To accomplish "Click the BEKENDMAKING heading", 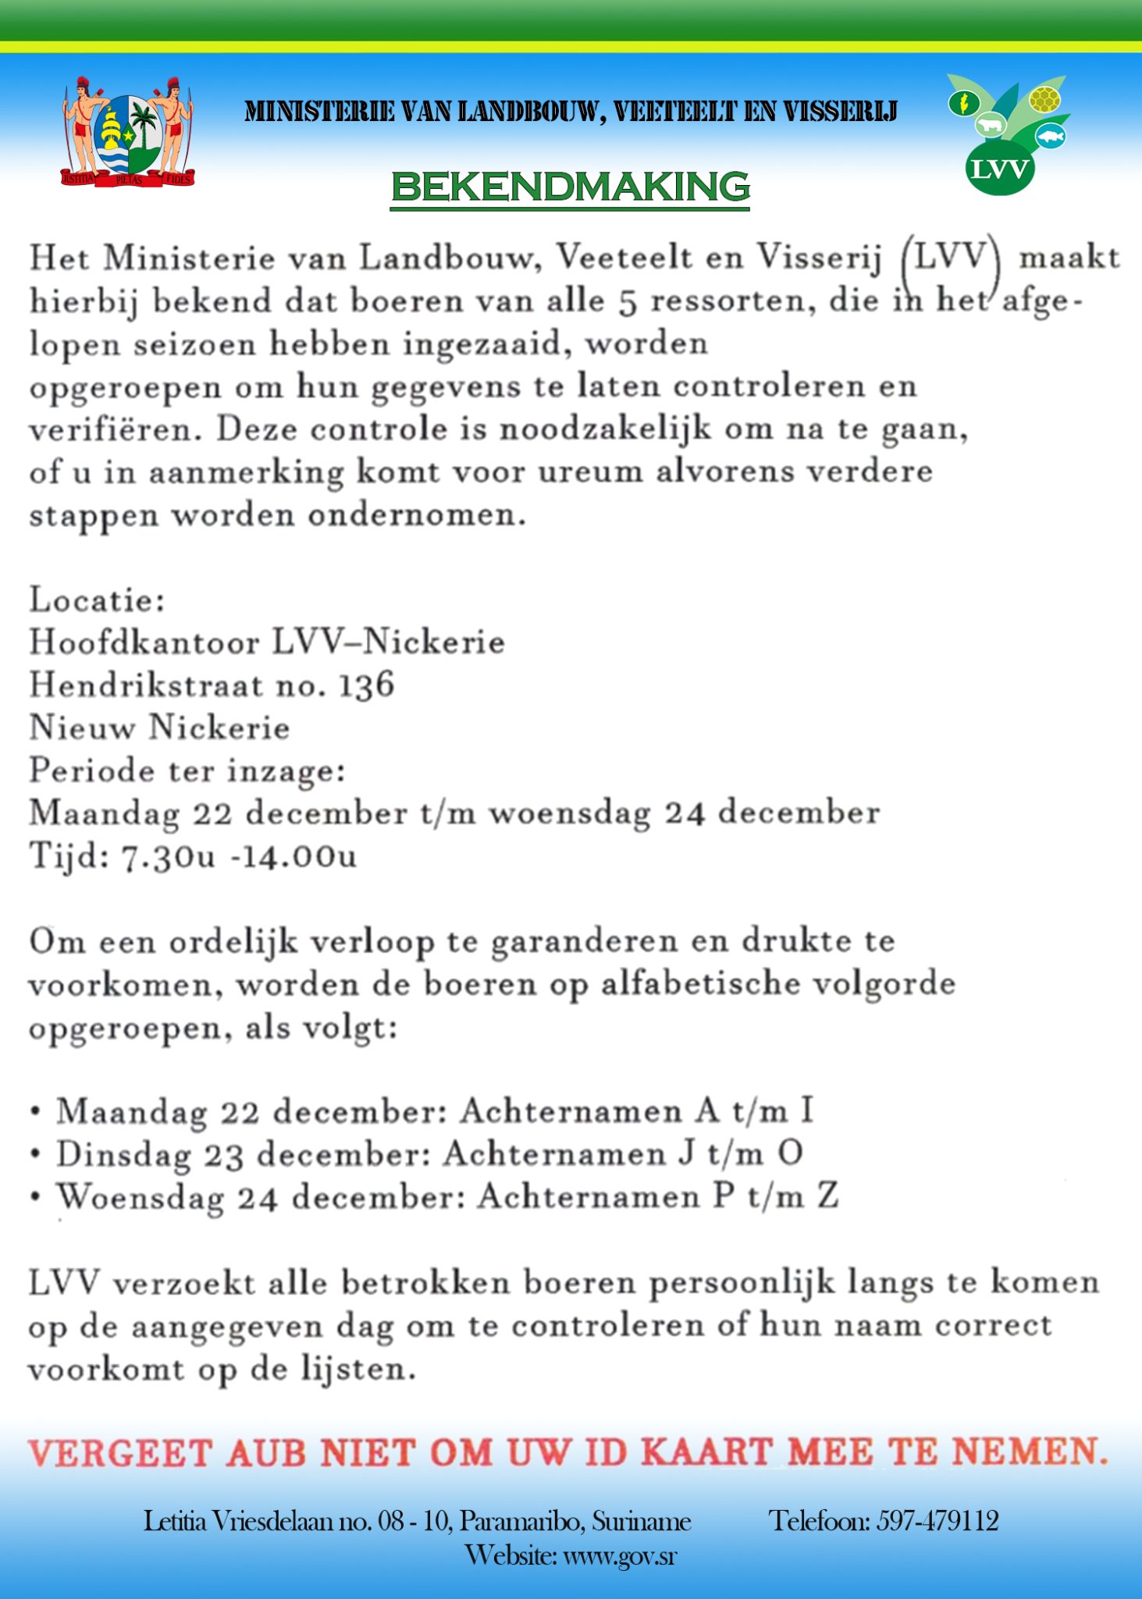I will click(x=570, y=187).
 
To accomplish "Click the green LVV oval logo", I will click(x=1000, y=168).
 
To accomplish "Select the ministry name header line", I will click(x=571, y=112).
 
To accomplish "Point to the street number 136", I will click(x=366, y=686).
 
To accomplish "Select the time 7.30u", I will click(x=168, y=856).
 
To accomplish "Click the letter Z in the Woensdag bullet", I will click(x=828, y=1196).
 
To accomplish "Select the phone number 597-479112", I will click(x=937, y=1520).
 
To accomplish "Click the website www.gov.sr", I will click(x=620, y=1555).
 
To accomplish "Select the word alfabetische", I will click(x=700, y=984).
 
